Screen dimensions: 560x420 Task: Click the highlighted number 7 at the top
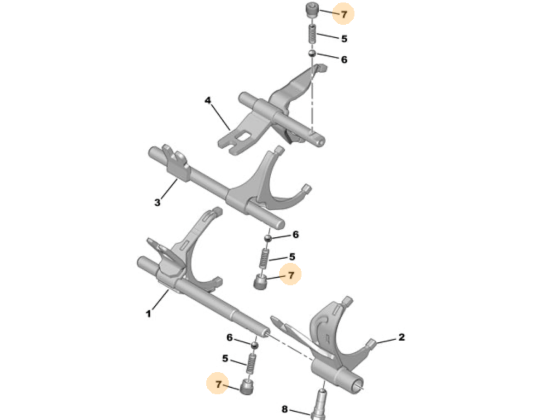(x=344, y=14)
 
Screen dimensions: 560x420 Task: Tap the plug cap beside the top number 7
(x=312, y=10)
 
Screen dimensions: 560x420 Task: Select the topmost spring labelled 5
(x=312, y=34)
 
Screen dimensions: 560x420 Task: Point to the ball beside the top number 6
(x=312, y=54)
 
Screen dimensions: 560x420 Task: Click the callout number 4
(x=207, y=100)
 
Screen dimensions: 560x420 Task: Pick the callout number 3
(x=157, y=202)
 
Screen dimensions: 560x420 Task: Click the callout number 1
(x=148, y=314)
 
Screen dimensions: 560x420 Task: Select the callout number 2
(x=401, y=337)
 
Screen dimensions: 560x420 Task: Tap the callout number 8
(x=284, y=409)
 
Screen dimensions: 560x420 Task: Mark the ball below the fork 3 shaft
(x=268, y=237)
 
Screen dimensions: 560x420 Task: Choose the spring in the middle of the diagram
(x=264, y=259)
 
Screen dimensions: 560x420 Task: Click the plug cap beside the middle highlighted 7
(x=260, y=283)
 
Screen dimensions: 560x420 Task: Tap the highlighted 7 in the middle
(x=291, y=275)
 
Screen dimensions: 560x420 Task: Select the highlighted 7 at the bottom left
(x=218, y=384)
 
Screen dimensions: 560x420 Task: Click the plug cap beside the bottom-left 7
(x=247, y=387)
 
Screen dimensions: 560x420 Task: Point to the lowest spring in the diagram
(x=252, y=363)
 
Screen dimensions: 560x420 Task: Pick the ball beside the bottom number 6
(x=254, y=345)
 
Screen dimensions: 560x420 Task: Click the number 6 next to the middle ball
(x=295, y=235)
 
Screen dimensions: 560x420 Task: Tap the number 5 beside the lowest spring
(x=225, y=358)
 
